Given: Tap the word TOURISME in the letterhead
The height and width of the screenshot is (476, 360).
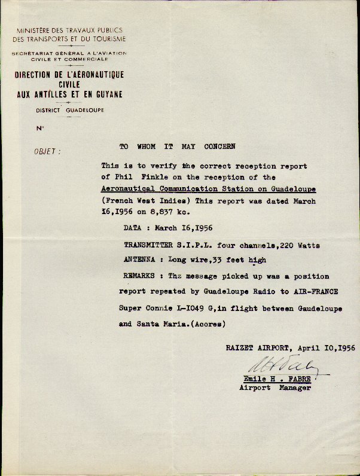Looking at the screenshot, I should point(107,39).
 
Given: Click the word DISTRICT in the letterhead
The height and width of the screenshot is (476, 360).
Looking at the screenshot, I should point(48,111).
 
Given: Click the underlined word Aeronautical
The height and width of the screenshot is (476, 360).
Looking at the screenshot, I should point(129,188).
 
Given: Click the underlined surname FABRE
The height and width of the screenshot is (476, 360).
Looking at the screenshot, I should point(297,379).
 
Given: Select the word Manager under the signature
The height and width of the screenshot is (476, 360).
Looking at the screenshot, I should point(295,388).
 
